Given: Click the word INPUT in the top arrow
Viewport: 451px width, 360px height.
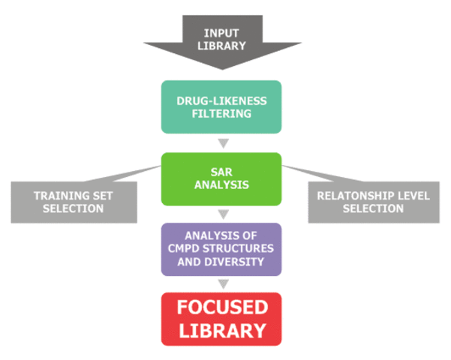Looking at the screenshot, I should [221, 33].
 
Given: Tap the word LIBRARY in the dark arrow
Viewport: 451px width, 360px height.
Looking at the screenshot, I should [221, 46].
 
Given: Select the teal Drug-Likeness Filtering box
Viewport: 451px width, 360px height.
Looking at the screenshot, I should [221, 106].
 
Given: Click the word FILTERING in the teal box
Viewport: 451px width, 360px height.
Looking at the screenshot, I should [221, 113].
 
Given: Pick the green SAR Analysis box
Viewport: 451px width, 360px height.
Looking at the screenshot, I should [221, 178].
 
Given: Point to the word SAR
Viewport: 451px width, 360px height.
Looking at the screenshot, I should [221, 172].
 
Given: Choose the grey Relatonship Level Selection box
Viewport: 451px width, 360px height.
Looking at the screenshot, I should [373, 201].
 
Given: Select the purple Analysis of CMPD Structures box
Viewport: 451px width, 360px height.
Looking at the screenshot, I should [221, 249].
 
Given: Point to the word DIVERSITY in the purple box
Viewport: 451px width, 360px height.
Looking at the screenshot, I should [244, 262].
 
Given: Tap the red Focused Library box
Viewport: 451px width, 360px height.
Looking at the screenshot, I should [221, 319].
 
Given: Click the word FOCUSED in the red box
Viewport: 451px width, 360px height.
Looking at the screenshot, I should [221, 308].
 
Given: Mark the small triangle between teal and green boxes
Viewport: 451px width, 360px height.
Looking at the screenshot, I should [221, 143].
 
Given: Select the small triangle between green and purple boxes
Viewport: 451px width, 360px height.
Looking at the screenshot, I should [221, 214].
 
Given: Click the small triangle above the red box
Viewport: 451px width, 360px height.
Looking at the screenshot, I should [221, 283].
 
